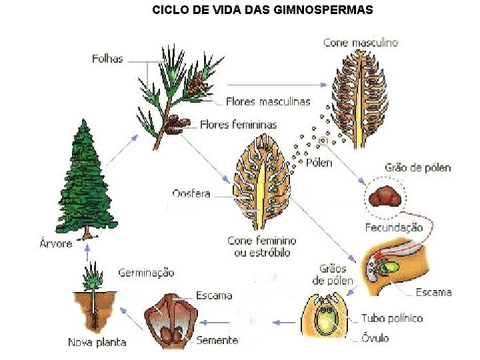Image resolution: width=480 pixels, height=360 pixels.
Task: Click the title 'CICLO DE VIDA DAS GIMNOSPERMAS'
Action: tap(263, 10)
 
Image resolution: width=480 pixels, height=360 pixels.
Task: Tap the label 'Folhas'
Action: tap(107, 59)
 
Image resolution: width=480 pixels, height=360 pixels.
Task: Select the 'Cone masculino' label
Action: tap(360, 42)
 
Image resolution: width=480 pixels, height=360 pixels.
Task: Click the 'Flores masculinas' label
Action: tap(268, 102)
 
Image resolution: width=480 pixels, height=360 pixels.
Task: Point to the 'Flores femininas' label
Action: tap(238, 125)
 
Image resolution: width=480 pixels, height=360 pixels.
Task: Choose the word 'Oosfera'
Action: tap(191, 194)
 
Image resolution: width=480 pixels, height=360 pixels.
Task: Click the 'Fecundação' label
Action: tap(393, 227)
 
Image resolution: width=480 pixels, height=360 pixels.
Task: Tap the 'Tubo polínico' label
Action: tap(392, 318)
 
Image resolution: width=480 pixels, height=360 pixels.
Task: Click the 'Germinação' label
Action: tap(146, 273)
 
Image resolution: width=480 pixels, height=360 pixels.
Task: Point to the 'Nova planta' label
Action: tap(97, 343)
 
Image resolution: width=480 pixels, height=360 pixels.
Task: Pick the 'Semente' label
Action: tap(217, 340)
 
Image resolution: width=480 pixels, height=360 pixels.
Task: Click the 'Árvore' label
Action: tap(55, 243)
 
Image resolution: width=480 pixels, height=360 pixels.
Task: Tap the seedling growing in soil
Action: tap(94, 293)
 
